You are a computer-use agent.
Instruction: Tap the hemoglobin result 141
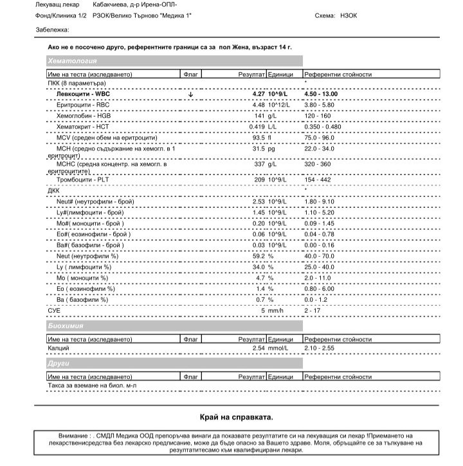pyautogui.click(x=259, y=115)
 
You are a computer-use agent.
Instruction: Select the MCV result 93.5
pyautogui.click(x=259, y=137)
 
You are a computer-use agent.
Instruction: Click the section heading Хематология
pyautogui.click(x=73, y=61)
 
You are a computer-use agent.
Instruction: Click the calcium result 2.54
pyautogui.click(x=259, y=348)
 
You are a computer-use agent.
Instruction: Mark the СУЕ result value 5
pyautogui.click(x=262, y=310)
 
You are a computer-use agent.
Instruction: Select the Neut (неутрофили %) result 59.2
pyautogui.click(x=259, y=256)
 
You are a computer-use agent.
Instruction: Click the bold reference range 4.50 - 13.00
pyautogui.click(x=321, y=94)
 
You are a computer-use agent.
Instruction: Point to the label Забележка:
pyautogui.click(x=53, y=30)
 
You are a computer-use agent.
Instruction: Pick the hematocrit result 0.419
pyautogui.click(x=257, y=126)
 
